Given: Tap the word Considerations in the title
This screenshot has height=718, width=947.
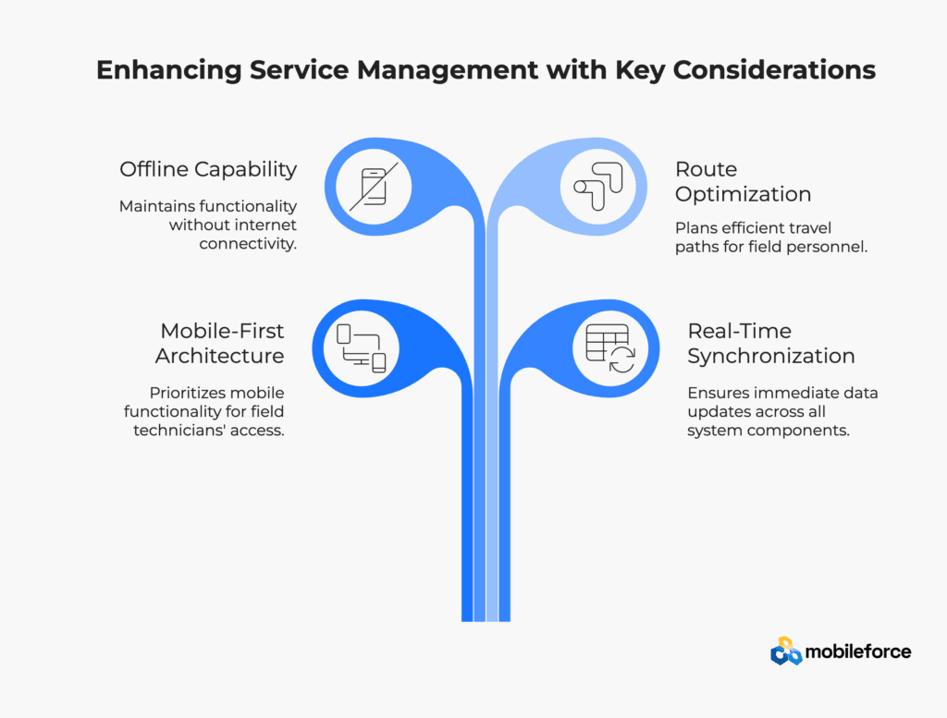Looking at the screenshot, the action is (x=774, y=70).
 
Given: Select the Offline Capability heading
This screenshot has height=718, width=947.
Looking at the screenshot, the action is (x=208, y=170).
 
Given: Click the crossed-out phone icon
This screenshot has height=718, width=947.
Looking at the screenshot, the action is (x=374, y=187).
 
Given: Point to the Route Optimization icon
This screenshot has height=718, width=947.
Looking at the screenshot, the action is (x=598, y=187).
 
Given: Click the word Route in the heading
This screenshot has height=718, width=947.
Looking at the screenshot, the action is (x=706, y=169).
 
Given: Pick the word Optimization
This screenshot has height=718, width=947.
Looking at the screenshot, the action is (x=743, y=195).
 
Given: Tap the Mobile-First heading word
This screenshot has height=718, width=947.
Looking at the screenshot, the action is (x=222, y=331).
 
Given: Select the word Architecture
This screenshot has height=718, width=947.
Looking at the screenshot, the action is (x=220, y=356).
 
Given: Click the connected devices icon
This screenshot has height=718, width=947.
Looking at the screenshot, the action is (x=362, y=348).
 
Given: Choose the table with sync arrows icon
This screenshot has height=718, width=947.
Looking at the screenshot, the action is (x=610, y=348).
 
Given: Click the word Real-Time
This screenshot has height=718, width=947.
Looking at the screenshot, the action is (x=739, y=331).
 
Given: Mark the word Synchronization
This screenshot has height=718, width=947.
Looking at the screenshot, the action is (x=771, y=357).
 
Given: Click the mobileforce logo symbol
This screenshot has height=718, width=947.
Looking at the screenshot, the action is (x=786, y=651).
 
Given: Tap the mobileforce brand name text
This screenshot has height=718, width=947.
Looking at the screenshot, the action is (x=858, y=651).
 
